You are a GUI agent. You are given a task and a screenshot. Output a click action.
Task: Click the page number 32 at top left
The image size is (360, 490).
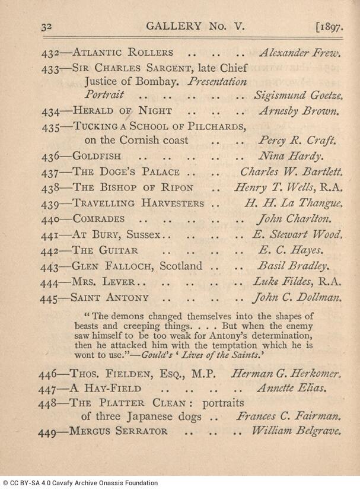click(47, 27)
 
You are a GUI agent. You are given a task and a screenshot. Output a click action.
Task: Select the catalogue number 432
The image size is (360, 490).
click(52, 53)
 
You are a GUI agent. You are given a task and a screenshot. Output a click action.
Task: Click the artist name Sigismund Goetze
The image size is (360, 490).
click(298, 95)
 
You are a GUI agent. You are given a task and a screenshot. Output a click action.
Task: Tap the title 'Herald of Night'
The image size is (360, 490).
click(122, 110)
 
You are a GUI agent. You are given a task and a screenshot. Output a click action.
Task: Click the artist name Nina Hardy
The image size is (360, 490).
click(290, 157)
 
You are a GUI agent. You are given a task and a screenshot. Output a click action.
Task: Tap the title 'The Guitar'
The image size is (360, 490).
click(106, 250)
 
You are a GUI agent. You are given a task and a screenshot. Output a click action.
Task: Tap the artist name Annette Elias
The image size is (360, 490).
click(291, 389)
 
